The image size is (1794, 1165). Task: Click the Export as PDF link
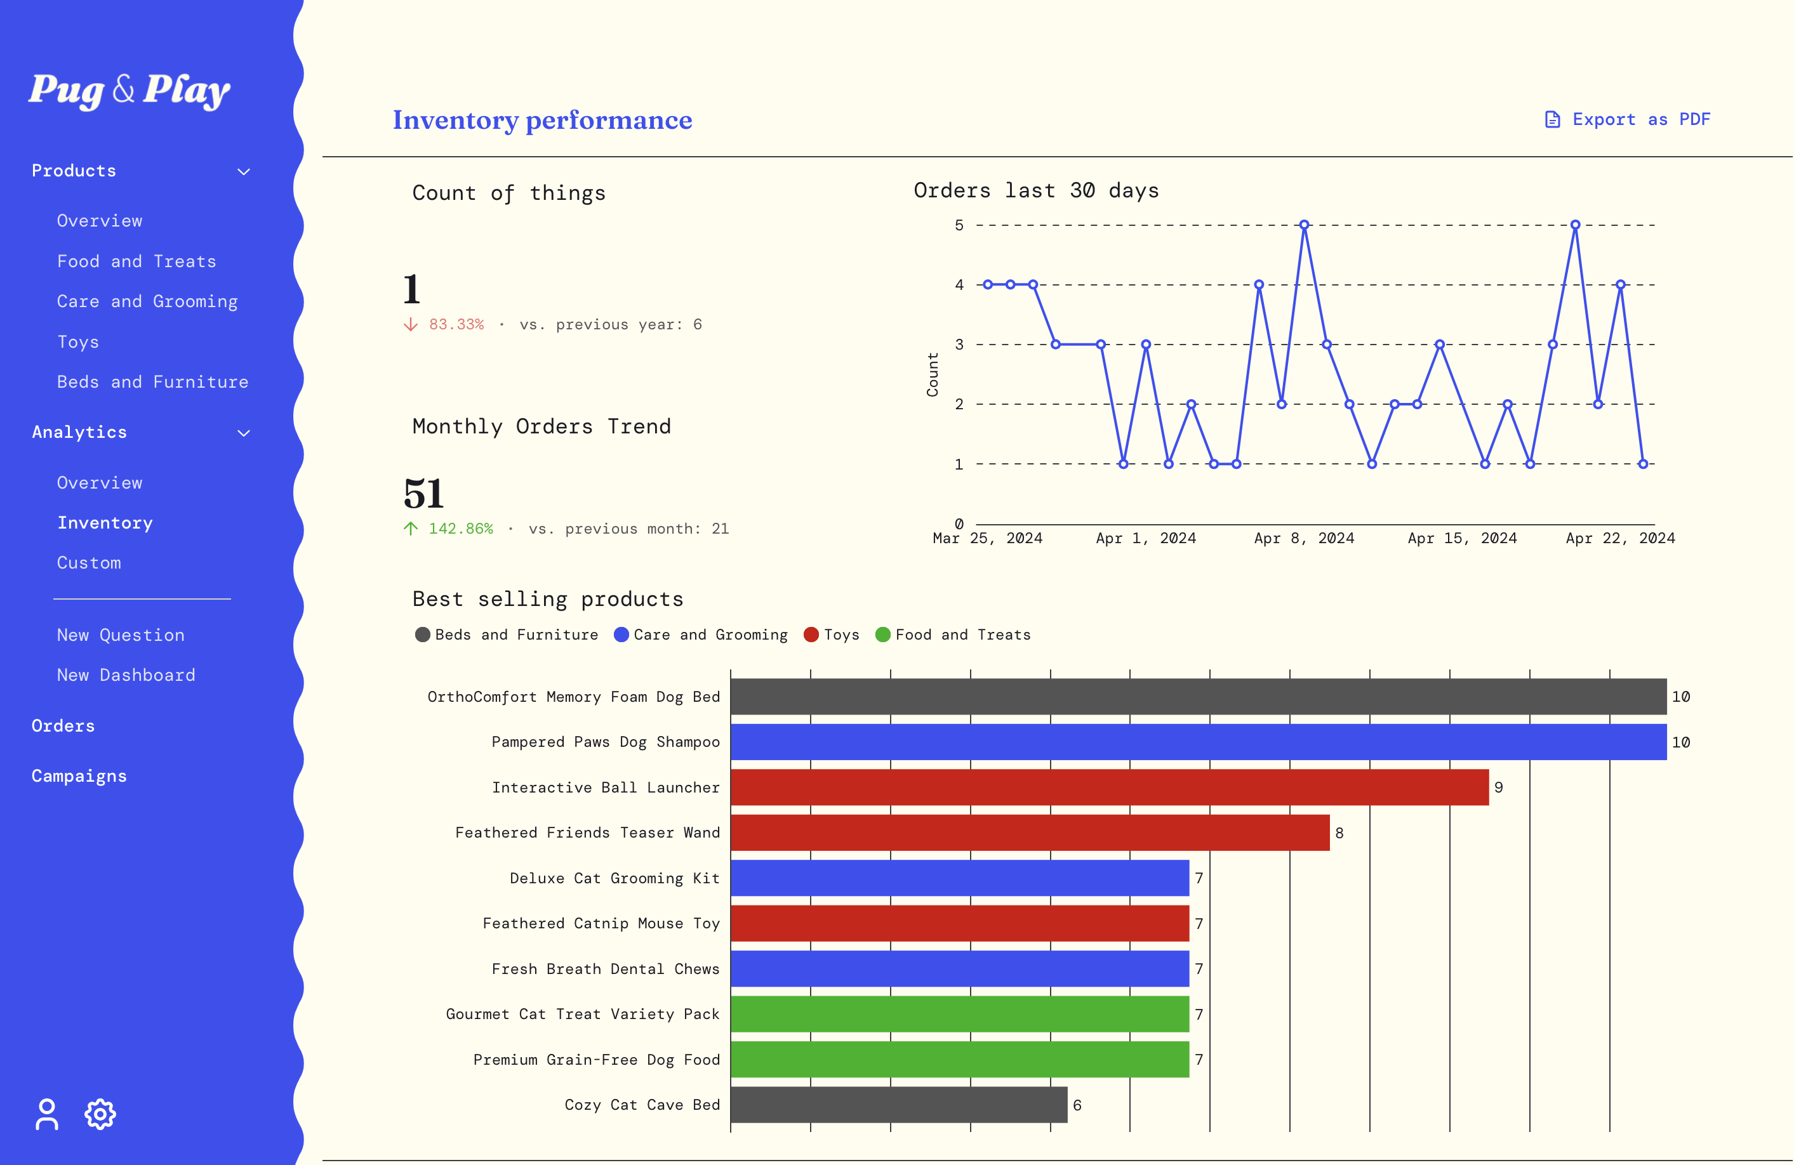coord(1628,119)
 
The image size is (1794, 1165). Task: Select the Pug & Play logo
coord(130,91)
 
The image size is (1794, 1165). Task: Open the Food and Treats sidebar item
coord(136,261)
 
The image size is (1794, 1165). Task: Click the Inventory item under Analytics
coord(105,523)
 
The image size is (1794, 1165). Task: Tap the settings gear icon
coord(100,1114)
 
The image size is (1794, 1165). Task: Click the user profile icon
coord(47,1114)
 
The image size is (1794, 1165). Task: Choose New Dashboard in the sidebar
coord(126,675)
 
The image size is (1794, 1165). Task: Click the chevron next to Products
coord(244,172)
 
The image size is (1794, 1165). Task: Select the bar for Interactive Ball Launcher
coord(1109,787)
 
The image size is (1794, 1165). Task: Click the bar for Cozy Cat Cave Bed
coord(898,1105)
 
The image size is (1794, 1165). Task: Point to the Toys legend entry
coord(832,635)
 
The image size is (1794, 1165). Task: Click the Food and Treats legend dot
coord(882,635)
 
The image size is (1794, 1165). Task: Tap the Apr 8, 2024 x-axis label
coord(1303,538)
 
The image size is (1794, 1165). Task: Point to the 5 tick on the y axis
coord(959,225)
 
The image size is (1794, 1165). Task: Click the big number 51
coord(423,494)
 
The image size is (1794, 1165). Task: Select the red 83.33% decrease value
coord(456,325)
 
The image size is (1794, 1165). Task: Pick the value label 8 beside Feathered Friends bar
coord(1339,833)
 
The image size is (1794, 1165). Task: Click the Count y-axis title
coord(933,374)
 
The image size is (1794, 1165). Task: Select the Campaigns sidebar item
coord(79,776)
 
